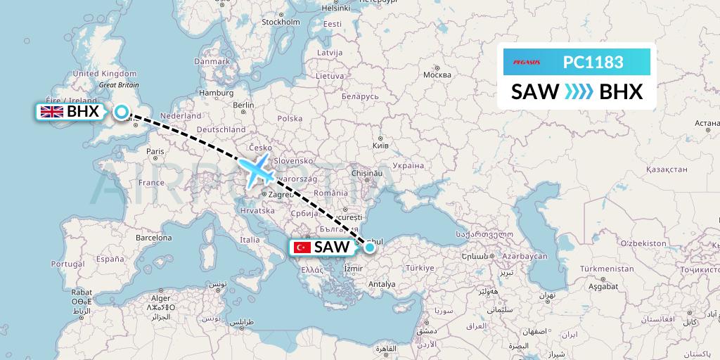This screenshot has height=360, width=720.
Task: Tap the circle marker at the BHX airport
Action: coord(122,111)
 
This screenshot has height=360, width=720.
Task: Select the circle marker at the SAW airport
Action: coord(369,247)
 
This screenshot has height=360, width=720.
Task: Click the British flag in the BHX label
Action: coord(51,112)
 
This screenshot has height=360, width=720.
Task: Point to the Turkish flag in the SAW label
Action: coord(302,247)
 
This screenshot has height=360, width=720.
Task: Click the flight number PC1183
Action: coord(593,62)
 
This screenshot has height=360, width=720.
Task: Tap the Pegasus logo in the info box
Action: coord(522,62)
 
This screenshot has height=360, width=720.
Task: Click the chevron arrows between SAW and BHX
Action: coord(579,92)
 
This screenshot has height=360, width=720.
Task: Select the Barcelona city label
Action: coord(153,238)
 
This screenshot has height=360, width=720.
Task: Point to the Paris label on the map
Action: coord(155,150)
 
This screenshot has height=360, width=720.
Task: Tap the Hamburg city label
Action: coord(216,92)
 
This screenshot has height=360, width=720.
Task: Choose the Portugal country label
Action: coord(68,264)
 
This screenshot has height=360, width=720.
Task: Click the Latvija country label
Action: coord(329,53)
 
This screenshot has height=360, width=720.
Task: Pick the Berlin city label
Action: coord(243,105)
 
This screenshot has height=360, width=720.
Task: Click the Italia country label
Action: coord(250,240)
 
